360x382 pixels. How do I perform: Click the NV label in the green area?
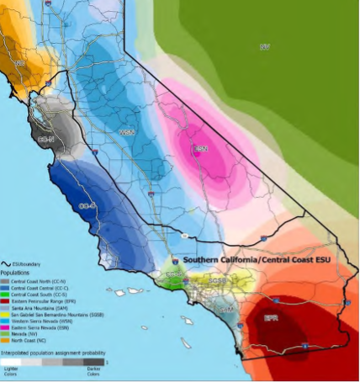pos(265,46)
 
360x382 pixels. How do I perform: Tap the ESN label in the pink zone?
pos(200,148)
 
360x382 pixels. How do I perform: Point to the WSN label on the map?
pos(128,132)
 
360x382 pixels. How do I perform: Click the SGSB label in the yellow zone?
pos(217,280)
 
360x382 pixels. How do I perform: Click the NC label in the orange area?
pos(18,63)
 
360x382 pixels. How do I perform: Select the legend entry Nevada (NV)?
pos(25,332)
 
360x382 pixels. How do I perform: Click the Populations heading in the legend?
pos(16,273)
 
